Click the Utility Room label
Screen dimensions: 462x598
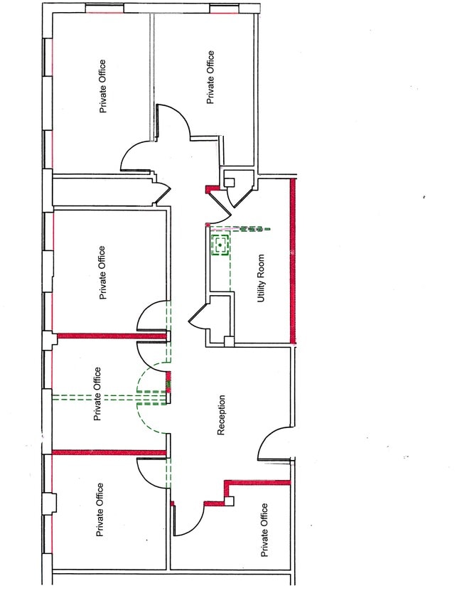(261, 278)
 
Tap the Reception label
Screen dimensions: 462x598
(221, 415)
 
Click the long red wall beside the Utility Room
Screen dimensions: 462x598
(293, 261)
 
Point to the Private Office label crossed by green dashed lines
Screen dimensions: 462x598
(97, 394)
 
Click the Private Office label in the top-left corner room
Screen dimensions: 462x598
(102, 86)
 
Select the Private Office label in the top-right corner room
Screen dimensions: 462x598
(210, 77)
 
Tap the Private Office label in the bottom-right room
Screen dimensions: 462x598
(264, 530)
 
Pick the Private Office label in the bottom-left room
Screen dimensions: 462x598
(100, 510)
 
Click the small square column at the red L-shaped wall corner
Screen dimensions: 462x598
(229, 501)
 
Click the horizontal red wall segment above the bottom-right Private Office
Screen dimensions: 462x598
(259, 482)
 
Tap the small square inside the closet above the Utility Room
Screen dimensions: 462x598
(229, 182)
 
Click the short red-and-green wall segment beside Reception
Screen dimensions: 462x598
(168, 382)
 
